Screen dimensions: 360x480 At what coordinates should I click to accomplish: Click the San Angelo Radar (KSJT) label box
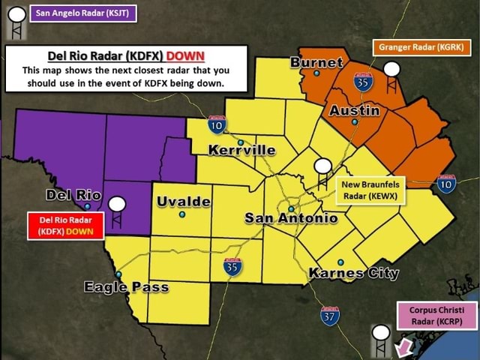pyautogui.click(x=82, y=13)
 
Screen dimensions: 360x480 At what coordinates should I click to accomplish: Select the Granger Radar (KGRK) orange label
pyautogui.click(x=421, y=47)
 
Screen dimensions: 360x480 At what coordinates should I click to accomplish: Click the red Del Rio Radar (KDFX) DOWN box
pyautogui.click(x=66, y=226)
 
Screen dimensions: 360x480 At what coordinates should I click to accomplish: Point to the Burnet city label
pyautogui.click(x=316, y=62)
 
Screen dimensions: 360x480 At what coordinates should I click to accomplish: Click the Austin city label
pyautogui.click(x=354, y=110)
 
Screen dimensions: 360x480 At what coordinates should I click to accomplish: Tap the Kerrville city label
pyautogui.click(x=241, y=151)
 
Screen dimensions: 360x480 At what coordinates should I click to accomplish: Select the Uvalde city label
pyautogui.click(x=184, y=202)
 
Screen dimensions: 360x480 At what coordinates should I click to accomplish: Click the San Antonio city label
pyautogui.click(x=291, y=218)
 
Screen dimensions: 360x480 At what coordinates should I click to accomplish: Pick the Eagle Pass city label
pyautogui.click(x=126, y=286)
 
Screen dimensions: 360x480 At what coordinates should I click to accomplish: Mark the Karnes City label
pyautogui.click(x=353, y=273)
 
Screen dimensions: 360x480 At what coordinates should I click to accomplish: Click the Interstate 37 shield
pyautogui.click(x=329, y=316)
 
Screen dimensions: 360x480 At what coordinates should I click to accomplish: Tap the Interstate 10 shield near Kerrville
pyautogui.click(x=217, y=125)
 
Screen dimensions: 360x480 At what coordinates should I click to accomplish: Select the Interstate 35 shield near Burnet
pyautogui.click(x=363, y=82)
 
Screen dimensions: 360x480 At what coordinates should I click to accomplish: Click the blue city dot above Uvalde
pyautogui.click(x=182, y=214)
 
